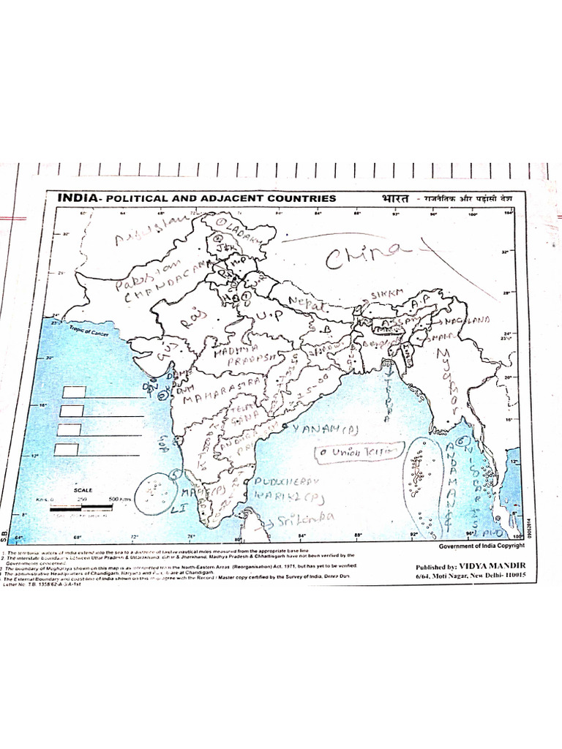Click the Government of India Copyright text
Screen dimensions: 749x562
[x=482, y=546]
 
